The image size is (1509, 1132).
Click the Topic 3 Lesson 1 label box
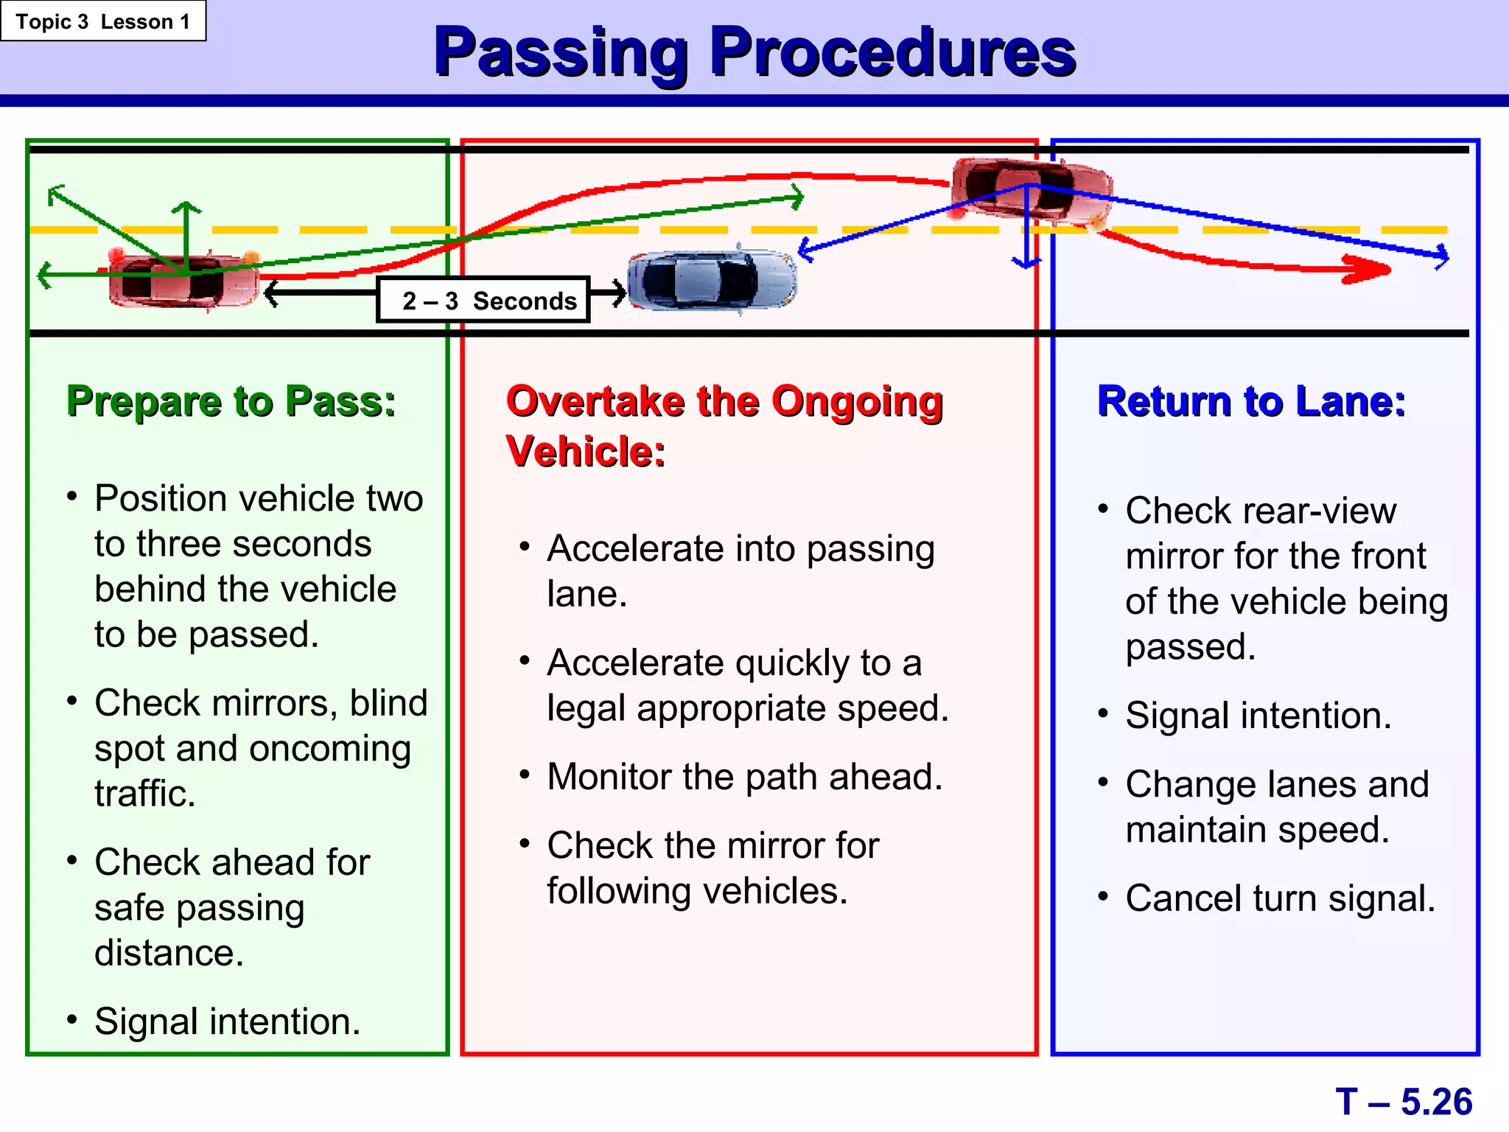[103, 21]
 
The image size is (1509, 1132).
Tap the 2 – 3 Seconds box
[483, 300]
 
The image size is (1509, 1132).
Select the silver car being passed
[712, 280]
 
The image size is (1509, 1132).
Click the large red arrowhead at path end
[1367, 269]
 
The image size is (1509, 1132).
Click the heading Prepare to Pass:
[231, 402]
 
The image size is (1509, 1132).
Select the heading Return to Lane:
[1251, 402]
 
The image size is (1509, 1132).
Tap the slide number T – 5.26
[1403, 1102]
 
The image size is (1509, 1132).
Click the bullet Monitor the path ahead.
[744, 777]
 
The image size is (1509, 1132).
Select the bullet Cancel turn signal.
[1280, 898]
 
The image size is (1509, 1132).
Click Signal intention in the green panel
[227, 1021]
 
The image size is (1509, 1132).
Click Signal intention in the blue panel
[1258, 716]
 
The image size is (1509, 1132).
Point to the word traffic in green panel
[144, 794]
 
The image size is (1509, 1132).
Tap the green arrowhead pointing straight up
[187, 207]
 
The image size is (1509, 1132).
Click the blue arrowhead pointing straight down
[1026, 262]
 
